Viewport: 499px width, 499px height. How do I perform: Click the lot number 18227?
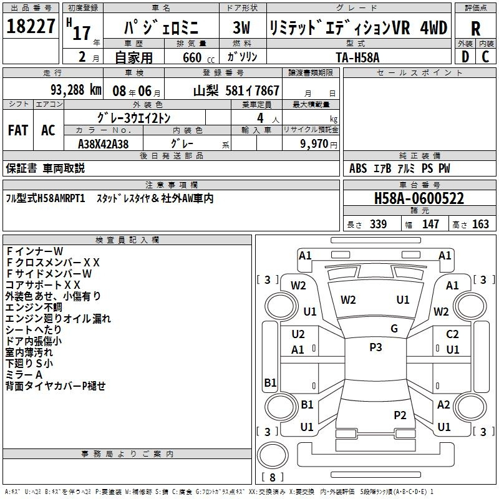(31, 26)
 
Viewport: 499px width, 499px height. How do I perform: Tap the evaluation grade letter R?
(475, 28)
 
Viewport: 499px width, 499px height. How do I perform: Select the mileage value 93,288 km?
(76, 90)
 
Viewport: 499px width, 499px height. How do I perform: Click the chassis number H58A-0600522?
(419, 198)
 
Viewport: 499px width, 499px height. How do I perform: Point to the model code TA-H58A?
(357, 57)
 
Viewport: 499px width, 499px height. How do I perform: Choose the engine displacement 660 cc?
(198, 57)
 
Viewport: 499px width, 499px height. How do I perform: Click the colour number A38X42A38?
(103, 144)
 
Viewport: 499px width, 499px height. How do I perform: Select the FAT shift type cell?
(18, 130)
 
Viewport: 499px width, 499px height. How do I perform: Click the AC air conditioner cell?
(48, 130)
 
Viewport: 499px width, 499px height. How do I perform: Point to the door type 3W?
(241, 27)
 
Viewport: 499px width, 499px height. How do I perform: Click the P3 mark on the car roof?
(375, 347)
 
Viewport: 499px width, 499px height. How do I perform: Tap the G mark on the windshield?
(394, 329)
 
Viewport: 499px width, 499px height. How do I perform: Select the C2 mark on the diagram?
(452, 334)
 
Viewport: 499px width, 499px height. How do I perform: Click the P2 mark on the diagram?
(400, 415)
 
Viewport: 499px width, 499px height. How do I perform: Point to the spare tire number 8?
(273, 477)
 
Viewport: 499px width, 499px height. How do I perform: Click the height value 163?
(480, 225)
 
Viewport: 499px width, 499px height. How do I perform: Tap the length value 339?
(378, 225)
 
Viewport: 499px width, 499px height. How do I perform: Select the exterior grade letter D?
(465, 57)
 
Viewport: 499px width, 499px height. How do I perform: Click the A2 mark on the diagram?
(443, 404)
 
